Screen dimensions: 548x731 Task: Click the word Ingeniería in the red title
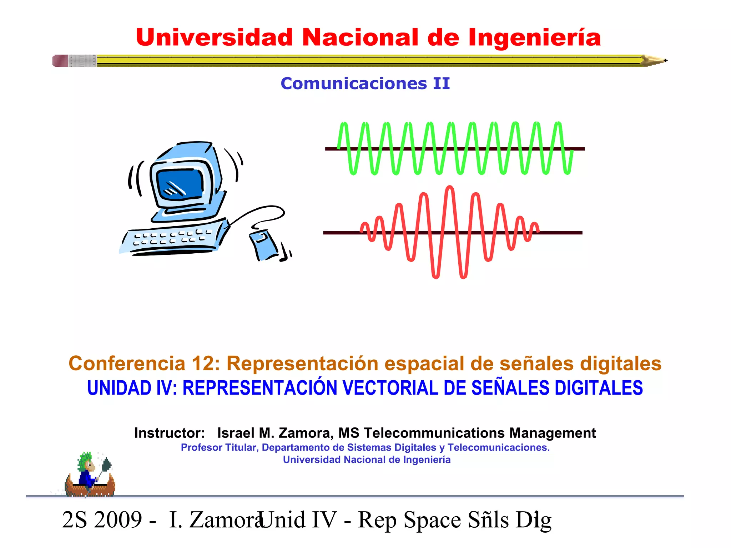534,38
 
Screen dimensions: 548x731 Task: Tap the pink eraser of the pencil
60,61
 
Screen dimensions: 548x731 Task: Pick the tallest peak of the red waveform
450,188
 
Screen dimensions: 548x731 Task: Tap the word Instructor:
170,433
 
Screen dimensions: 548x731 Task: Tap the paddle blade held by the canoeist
106,465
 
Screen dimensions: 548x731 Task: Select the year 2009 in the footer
118,520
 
